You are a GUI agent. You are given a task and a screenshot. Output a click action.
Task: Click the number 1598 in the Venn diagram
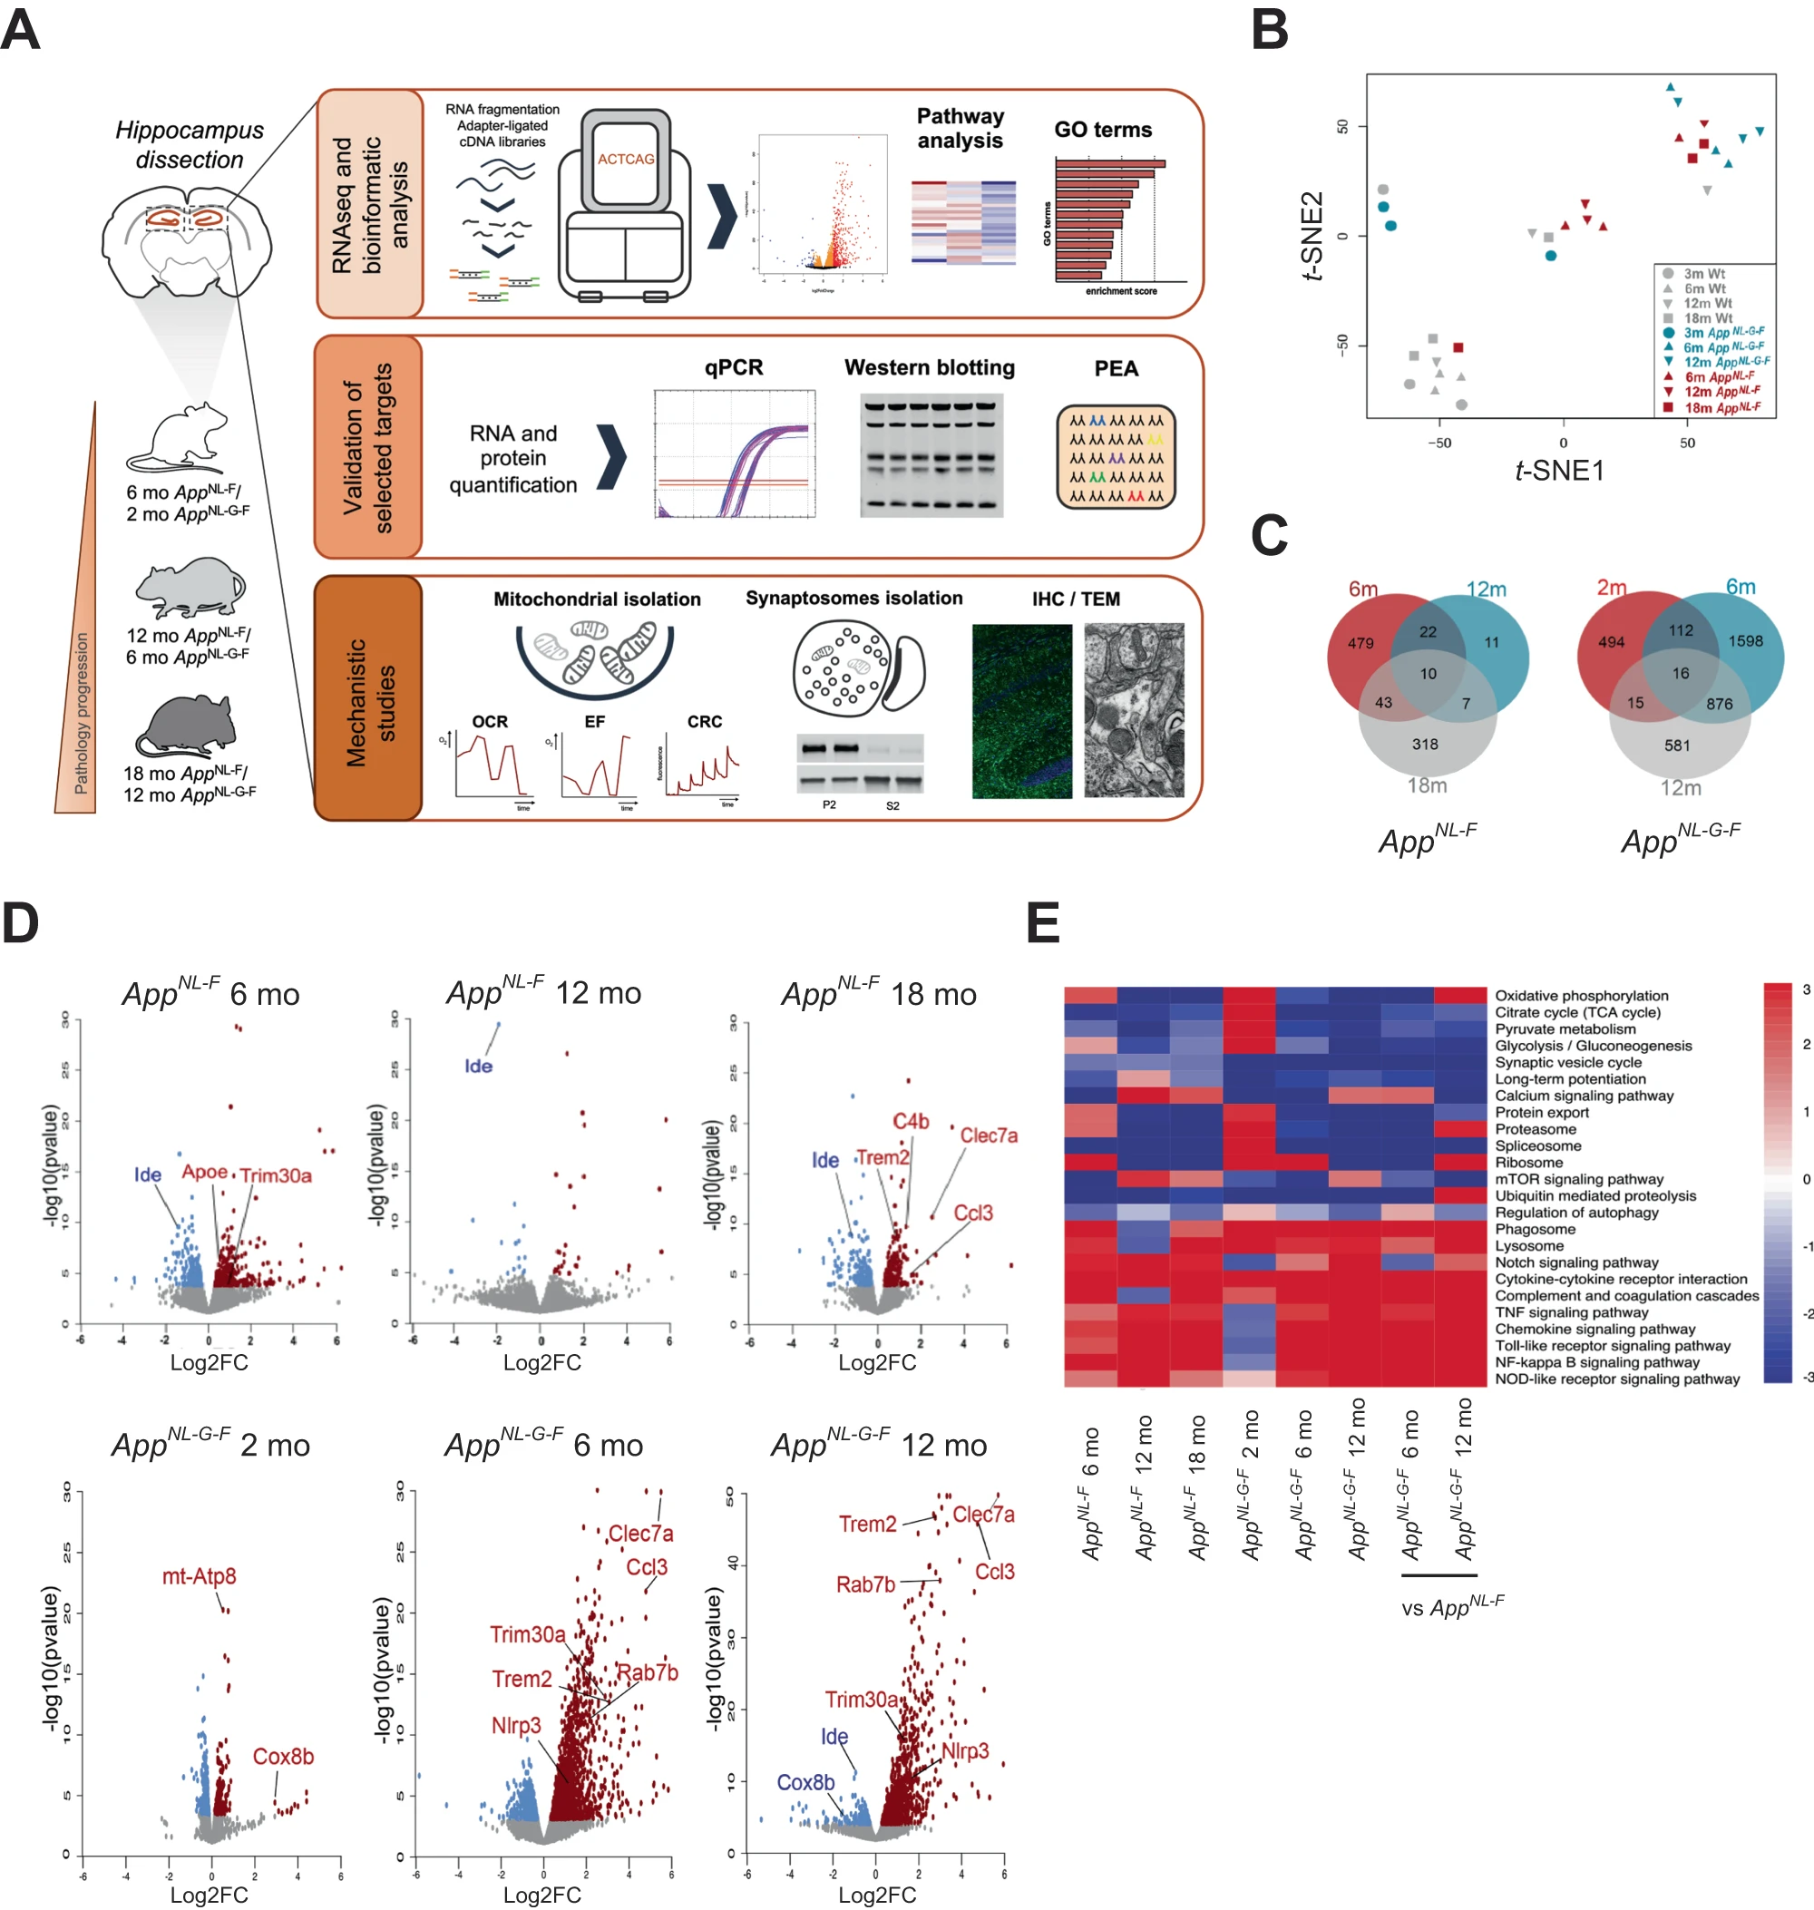[x=1744, y=641]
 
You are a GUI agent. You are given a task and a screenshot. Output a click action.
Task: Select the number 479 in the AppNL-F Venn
[x=1360, y=643]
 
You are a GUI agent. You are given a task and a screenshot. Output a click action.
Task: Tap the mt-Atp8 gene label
[x=199, y=1575]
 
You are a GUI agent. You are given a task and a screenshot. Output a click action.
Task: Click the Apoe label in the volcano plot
[x=205, y=1172]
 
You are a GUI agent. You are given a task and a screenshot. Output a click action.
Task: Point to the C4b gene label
[x=910, y=1121]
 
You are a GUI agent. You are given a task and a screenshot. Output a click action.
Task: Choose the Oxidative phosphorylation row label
[x=1581, y=995]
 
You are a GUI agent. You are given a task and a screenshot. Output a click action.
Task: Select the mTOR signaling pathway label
[x=1579, y=1179]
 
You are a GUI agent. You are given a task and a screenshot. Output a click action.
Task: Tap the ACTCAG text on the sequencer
[x=626, y=159]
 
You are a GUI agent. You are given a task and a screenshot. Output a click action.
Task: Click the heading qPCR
[x=733, y=367]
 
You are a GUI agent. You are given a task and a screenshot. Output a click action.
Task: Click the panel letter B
[x=1269, y=29]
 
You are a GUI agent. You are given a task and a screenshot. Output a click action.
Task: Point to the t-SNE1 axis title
[x=1559, y=471]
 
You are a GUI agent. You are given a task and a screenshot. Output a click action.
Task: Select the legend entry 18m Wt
[x=1708, y=318]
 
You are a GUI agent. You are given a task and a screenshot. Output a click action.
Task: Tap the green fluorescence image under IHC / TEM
[x=1021, y=711]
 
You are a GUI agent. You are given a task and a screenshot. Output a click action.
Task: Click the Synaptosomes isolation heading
[x=853, y=599]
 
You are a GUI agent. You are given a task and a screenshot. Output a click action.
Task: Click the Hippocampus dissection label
[x=190, y=144]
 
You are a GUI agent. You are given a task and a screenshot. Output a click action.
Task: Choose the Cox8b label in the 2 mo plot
[x=283, y=1756]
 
